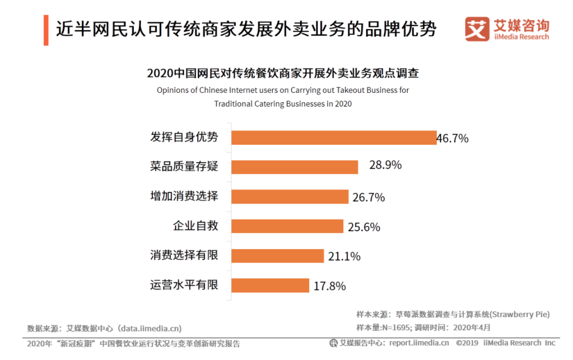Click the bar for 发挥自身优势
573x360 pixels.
tap(334, 137)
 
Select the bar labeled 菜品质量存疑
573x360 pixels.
tap(295, 166)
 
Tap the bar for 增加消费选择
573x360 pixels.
tap(290, 196)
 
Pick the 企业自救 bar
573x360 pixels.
tap(288, 226)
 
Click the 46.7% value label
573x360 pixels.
tap(453, 138)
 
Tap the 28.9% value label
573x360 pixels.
tap(385, 165)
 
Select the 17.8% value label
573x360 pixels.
tap(329, 286)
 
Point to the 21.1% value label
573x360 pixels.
tap(344, 256)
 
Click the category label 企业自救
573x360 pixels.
tap(195, 226)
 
